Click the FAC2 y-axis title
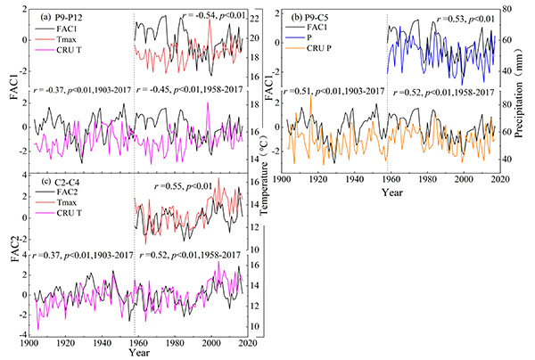pyautogui.click(x=12, y=256)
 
